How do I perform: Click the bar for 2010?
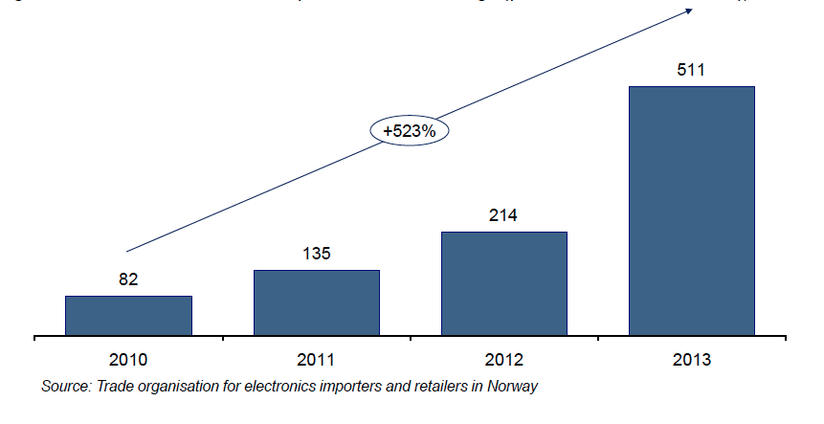point(128,316)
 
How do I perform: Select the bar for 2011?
point(317,302)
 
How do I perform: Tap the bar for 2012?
point(503,283)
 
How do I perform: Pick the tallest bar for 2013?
point(691,211)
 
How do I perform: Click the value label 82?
point(128,280)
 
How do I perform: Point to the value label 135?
point(317,255)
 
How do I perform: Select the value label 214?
point(503,215)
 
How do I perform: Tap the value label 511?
point(691,70)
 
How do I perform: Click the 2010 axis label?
point(128,361)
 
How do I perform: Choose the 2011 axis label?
point(317,361)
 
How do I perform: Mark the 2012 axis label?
point(503,361)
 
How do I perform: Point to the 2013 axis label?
point(691,361)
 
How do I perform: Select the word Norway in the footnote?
point(513,387)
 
